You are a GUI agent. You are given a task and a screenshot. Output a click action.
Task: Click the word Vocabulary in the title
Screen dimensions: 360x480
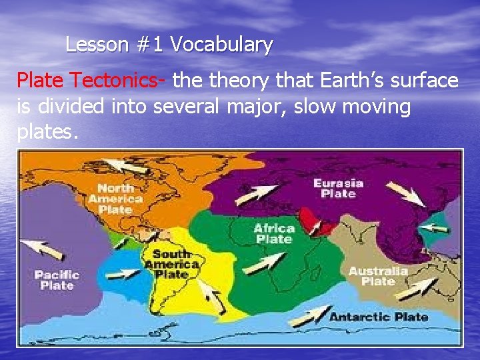[221, 45]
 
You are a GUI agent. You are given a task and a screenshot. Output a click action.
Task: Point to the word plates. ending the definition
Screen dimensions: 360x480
[47, 132]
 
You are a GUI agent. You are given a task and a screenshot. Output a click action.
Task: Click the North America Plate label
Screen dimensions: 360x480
[115, 198]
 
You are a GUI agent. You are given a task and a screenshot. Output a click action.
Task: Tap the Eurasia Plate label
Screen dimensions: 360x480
[338, 188]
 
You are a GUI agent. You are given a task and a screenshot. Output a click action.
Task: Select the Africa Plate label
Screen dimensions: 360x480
[274, 233]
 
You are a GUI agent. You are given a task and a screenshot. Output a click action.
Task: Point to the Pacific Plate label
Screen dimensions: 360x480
[57, 279]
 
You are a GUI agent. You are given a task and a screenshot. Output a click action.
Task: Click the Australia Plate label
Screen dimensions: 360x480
[378, 276]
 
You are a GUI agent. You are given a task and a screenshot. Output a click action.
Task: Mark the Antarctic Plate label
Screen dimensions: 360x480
[379, 316]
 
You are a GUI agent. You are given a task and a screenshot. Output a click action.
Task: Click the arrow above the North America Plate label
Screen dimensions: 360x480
[126, 165]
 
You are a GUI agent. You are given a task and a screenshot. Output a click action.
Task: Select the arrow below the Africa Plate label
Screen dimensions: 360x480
[264, 263]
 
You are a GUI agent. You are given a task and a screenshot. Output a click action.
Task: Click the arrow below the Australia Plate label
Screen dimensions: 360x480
[415, 288]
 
